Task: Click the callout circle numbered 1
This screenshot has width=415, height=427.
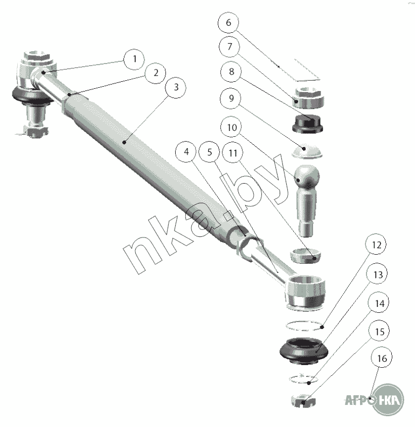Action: pos(134,59)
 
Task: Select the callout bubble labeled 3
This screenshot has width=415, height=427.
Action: pos(176,87)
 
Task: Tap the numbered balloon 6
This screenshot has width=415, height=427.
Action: pos(229,22)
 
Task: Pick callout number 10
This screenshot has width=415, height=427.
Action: pos(232,127)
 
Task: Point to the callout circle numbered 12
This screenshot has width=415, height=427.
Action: pos(376,244)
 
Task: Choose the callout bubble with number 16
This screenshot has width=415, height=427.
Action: pos(382,358)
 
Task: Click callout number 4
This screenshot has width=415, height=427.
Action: pos(186,152)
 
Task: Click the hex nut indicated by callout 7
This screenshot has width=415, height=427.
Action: pos(309,98)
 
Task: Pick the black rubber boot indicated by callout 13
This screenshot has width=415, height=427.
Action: pos(304,351)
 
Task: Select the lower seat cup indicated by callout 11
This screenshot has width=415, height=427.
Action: pos(305,256)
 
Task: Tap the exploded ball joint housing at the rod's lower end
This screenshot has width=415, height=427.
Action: pos(305,293)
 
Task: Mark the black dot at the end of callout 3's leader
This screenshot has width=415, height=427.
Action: pos(124,142)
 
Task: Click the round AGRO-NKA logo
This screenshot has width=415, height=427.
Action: pos(388,400)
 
